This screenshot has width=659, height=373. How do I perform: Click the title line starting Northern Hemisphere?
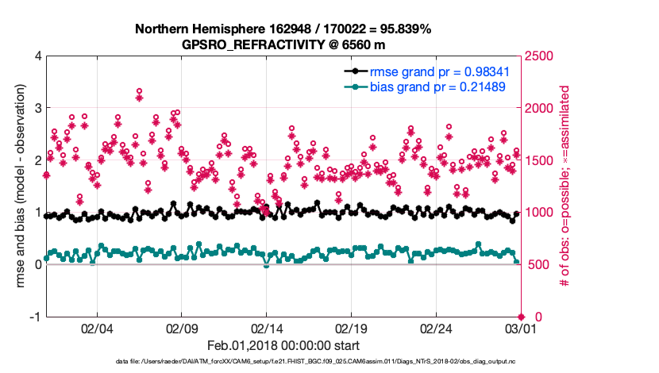click(x=283, y=29)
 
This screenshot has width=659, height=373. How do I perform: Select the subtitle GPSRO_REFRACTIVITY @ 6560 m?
click(x=283, y=44)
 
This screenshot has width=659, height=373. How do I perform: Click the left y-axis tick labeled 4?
click(x=37, y=56)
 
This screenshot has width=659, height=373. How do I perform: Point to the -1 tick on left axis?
click(x=34, y=317)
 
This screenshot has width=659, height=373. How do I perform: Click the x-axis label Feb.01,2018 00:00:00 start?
click(x=283, y=346)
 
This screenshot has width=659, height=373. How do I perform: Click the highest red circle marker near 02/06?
click(x=139, y=91)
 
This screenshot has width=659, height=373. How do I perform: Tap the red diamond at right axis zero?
click(x=520, y=317)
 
